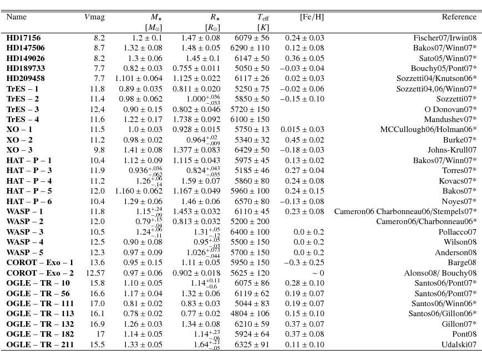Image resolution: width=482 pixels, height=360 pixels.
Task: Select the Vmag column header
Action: (x=94, y=17)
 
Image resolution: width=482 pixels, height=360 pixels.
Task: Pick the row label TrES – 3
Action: (x=23, y=110)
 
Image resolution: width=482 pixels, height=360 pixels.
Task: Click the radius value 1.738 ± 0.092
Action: (x=201, y=120)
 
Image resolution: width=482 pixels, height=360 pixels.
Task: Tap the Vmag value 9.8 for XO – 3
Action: (x=99, y=150)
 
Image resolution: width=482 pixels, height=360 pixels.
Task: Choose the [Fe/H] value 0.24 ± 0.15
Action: (x=305, y=191)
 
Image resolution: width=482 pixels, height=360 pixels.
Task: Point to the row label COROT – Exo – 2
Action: (x=40, y=273)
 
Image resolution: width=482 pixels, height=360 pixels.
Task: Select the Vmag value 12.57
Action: (x=95, y=273)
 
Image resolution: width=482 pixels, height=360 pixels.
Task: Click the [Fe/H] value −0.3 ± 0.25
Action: (x=304, y=263)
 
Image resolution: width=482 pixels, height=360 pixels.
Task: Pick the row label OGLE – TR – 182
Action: (x=40, y=334)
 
